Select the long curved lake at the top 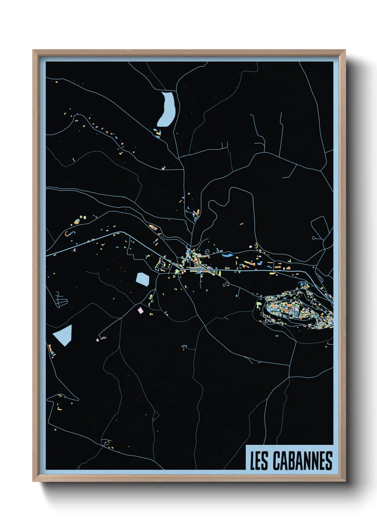coord(166,109)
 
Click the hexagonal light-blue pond coord(143,279)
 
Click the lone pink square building coord(140,310)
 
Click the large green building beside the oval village coord(259,305)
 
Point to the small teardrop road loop coord(314,238)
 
